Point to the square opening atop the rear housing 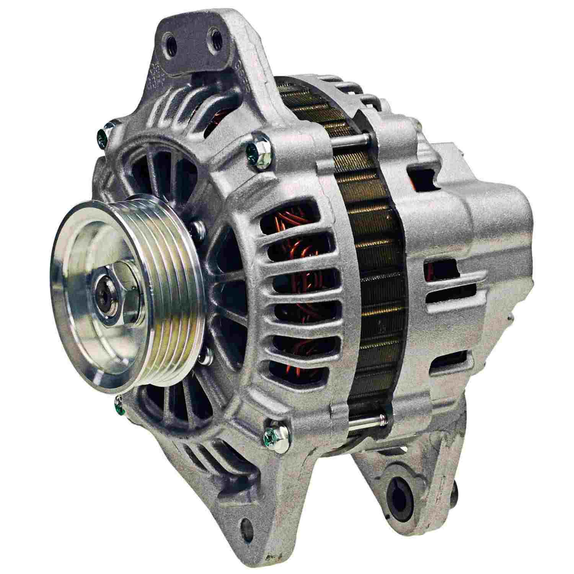pos(422,177)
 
